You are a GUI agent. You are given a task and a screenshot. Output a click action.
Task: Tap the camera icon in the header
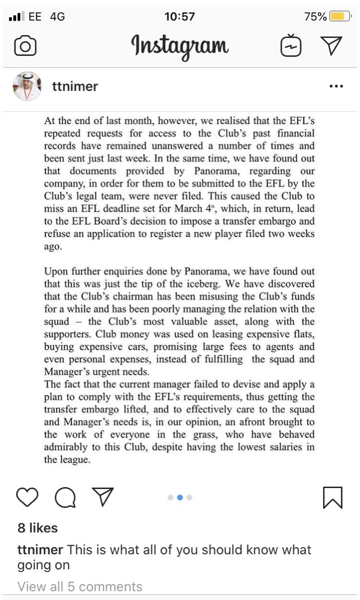(x=25, y=46)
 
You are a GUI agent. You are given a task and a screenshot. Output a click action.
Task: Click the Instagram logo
(x=180, y=47)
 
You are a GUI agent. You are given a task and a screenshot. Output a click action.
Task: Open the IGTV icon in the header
(x=291, y=46)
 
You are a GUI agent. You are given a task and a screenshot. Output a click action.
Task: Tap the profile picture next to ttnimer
(x=27, y=86)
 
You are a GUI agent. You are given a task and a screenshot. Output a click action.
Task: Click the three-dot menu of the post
(x=336, y=86)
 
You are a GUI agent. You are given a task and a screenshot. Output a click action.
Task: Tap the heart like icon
(x=27, y=497)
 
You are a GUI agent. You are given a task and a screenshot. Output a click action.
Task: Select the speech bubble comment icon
(x=65, y=498)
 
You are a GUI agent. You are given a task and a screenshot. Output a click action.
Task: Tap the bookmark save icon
(x=333, y=497)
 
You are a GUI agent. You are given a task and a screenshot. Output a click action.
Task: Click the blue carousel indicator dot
(x=180, y=498)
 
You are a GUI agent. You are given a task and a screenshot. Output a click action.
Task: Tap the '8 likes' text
(x=37, y=528)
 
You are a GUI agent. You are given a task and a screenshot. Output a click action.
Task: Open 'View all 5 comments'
(x=80, y=587)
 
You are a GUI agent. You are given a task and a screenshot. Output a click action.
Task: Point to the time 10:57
(x=180, y=17)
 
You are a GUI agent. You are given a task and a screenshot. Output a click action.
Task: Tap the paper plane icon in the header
(x=331, y=46)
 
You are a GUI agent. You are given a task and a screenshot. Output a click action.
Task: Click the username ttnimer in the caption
(x=40, y=550)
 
